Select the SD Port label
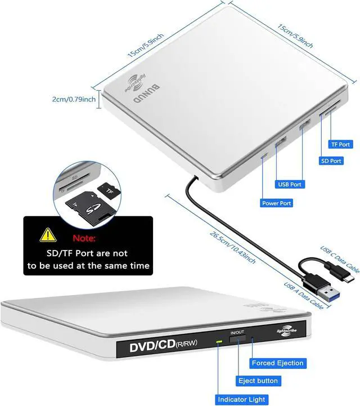(x=331, y=161)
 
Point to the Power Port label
(x=277, y=203)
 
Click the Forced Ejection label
(x=278, y=363)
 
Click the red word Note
(x=84, y=238)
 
